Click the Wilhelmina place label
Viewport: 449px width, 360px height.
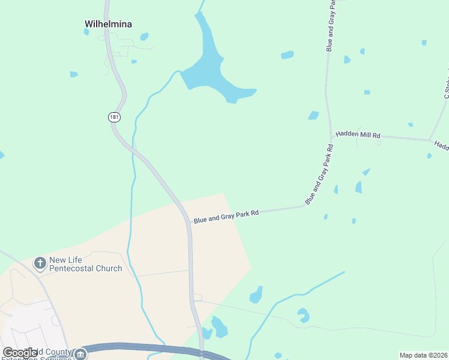(108, 25)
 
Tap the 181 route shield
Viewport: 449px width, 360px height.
(115, 117)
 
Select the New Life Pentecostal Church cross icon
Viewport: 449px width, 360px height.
(40, 263)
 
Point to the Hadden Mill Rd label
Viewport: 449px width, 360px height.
(358, 135)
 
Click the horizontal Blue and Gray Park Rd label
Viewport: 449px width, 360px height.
(226, 216)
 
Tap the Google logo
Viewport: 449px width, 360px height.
(20, 353)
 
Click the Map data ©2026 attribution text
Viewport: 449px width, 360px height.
(424, 355)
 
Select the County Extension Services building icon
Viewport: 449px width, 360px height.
(80, 355)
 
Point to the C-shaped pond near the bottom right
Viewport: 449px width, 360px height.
(304, 315)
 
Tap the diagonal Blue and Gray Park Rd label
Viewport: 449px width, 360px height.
(319, 174)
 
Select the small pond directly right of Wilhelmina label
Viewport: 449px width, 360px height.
(144, 37)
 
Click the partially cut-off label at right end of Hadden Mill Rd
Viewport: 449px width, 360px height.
(441, 146)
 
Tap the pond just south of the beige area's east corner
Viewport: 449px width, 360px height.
(256, 295)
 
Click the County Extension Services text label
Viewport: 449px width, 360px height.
(42, 354)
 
